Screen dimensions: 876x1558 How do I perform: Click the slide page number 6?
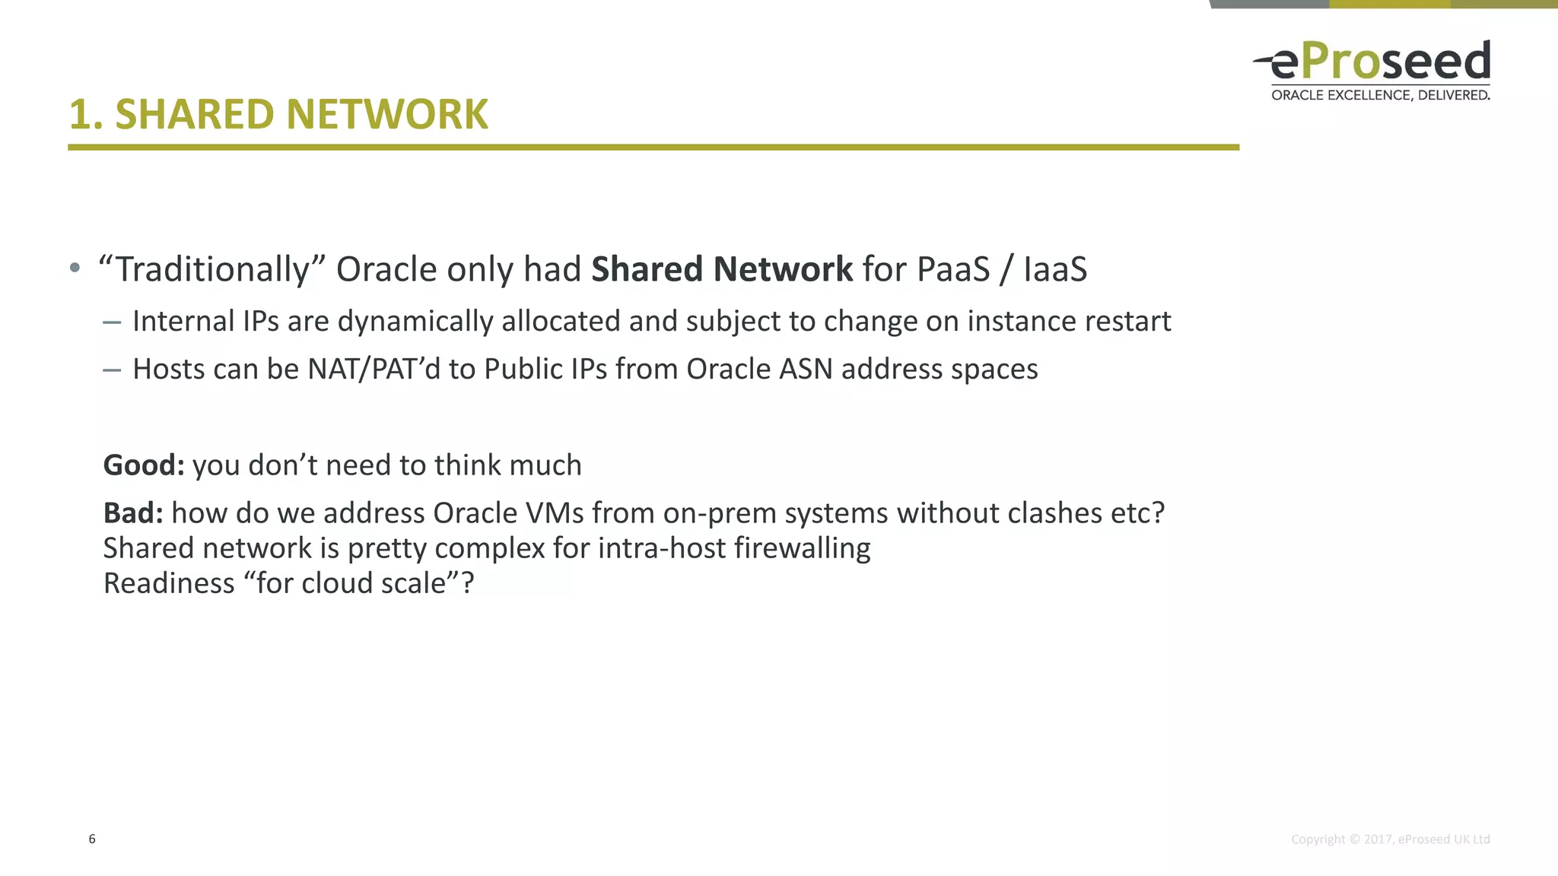click(92, 839)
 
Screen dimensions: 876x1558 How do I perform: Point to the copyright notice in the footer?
click(1390, 839)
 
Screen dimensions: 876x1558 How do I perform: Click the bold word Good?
click(144, 465)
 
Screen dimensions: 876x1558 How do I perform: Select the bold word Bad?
click(133, 513)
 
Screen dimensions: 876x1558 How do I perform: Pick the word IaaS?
click(1055, 269)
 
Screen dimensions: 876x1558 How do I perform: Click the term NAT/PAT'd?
click(374, 370)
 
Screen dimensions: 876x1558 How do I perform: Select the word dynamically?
click(415, 322)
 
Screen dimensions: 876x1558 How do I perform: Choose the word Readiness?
click(169, 583)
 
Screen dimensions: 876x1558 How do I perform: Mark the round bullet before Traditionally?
click(75, 268)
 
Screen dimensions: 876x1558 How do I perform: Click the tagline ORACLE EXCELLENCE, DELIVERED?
click(1380, 95)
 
